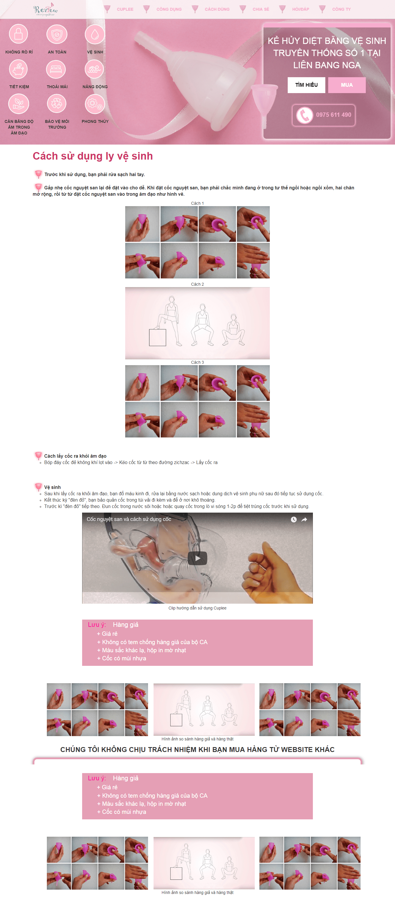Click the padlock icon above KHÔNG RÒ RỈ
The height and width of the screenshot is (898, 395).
click(x=19, y=34)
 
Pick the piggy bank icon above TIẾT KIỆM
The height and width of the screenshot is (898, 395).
click(x=19, y=69)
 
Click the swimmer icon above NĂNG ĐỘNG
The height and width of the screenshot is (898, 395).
click(x=95, y=69)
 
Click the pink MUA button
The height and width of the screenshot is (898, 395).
click(x=347, y=85)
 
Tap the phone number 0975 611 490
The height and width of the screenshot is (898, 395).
click(x=334, y=115)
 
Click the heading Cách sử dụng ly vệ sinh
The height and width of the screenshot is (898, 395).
click(x=93, y=156)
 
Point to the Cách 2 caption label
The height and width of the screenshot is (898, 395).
click(x=197, y=284)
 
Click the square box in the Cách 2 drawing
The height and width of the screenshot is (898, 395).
click(x=158, y=337)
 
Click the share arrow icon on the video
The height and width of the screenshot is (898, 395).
click(x=304, y=520)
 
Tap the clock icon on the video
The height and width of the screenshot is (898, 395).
click(x=294, y=520)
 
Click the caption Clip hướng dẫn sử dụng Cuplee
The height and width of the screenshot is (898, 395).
click(x=197, y=608)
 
